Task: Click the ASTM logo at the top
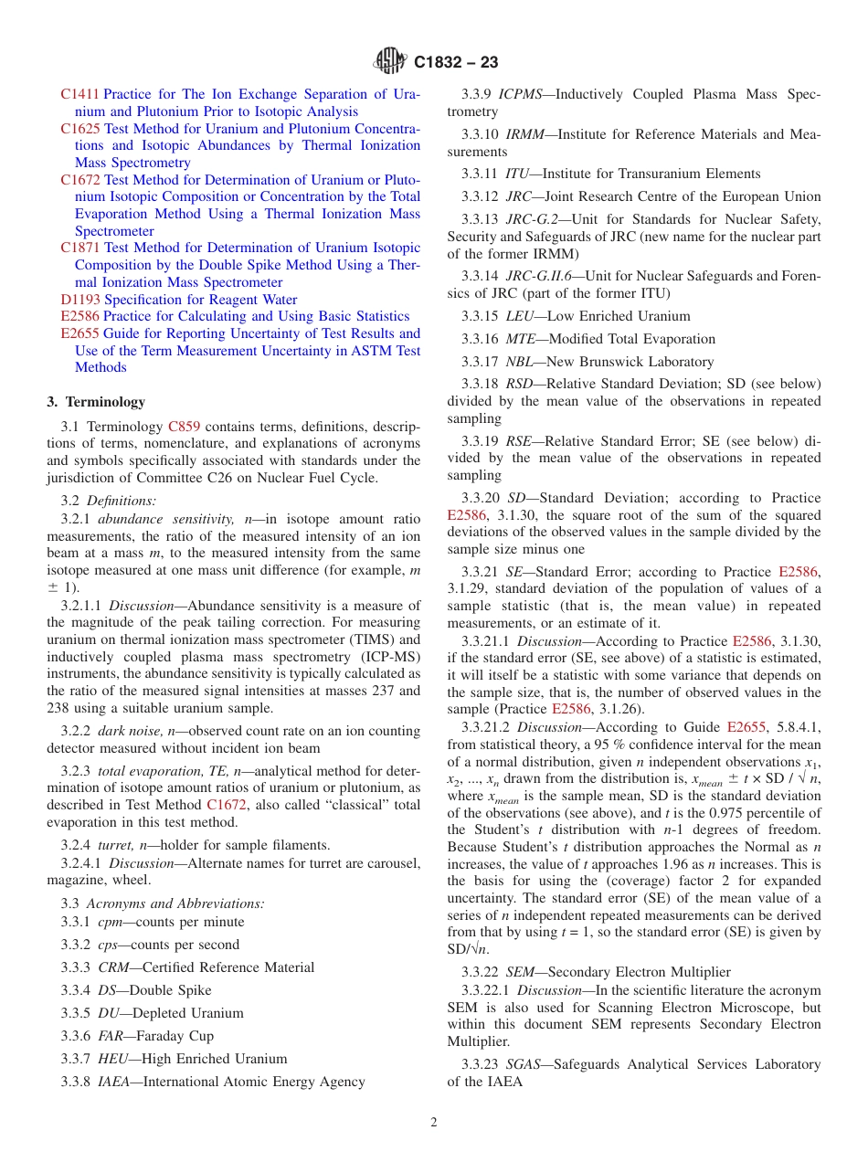pos(390,62)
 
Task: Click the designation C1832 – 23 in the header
pos(456,63)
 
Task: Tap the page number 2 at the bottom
pos(434,1122)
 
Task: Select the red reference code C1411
pos(79,94)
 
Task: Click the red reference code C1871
pos(80,248)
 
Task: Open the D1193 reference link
pos(80,300)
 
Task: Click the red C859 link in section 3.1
pos(184,427)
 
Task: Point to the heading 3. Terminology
pos(96,402)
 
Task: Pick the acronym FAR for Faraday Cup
pos(112,1036)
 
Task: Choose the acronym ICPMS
pos(521,94)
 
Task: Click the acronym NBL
pos(520,362)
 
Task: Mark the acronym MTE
pos(521,339)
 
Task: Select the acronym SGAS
pos(524,1064)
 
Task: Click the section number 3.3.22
pos(480,972)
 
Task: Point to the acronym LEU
pos(520,316)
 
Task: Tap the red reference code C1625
pos(80,129)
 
